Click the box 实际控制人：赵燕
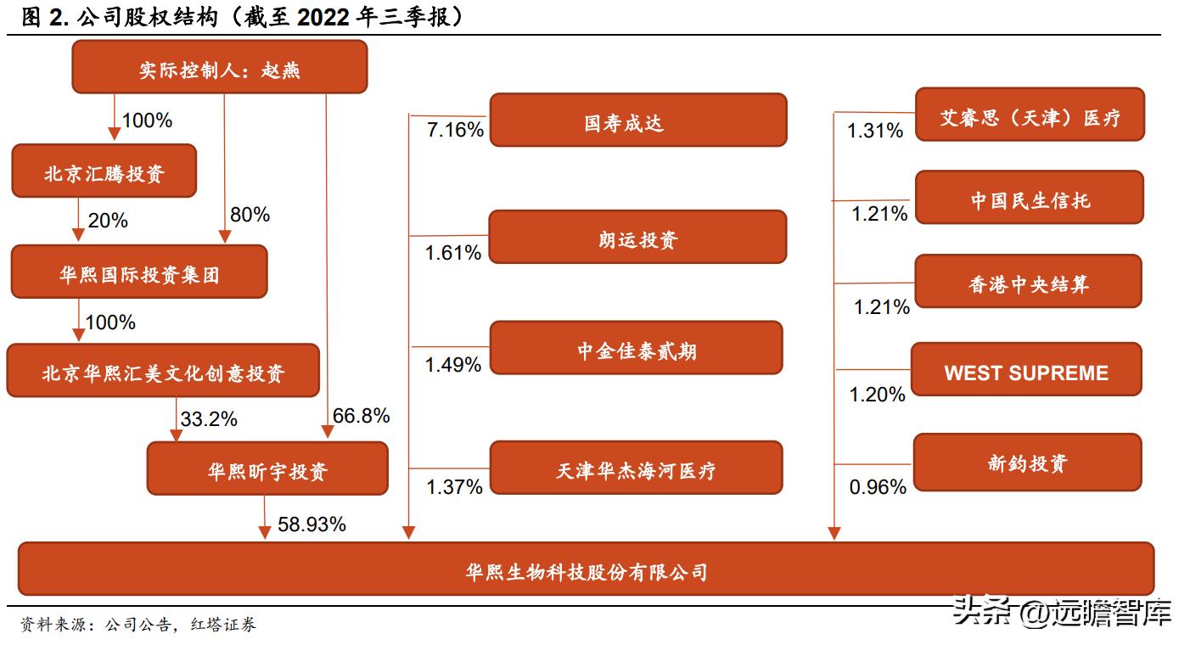point(219,67)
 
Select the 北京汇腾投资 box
point(104,171)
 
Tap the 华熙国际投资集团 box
point(139,272)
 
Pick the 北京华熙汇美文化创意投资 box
point(163,371)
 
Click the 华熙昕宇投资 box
point(267,468)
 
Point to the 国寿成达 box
point(638,121)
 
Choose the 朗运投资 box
point(638,238)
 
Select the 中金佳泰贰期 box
point(636,348)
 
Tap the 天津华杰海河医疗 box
point(636,468)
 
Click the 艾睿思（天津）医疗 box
point(1030,115)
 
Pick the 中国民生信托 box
point(1030,198)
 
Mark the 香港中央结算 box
point(1028,282)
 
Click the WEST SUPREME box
point(1026,370)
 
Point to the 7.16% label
point(455,130)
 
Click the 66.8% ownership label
point(362,416)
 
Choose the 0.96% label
point(878,487)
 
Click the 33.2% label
point(209,419)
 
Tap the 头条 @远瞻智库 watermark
point(1062,611)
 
